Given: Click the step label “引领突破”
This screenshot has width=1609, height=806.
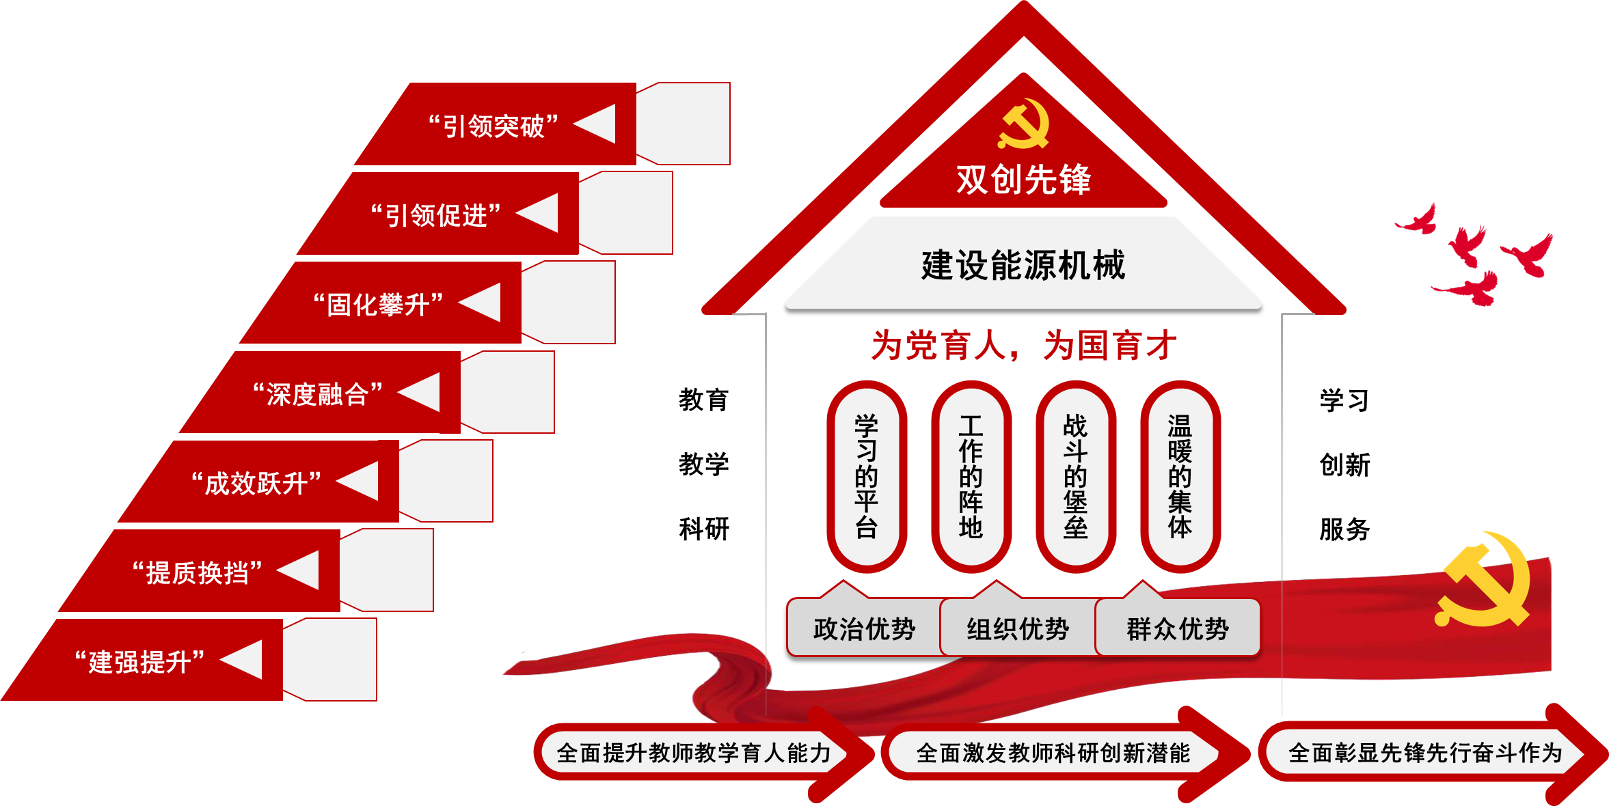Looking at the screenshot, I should [493, 126].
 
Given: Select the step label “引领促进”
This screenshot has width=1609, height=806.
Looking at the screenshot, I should [436, 216].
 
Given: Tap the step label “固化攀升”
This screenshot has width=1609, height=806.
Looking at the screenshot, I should [378, 305].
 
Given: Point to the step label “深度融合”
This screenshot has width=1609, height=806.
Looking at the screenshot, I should [318, 394].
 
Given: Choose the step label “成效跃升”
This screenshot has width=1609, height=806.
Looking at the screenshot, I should [256, 484].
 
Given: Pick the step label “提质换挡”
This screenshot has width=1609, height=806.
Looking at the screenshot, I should [198, 572].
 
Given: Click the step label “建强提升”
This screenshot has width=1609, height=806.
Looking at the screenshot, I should [139, 662].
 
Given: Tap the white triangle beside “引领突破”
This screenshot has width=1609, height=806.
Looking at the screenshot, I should [599, 124].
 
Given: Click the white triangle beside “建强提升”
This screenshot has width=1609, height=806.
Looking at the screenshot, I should [245, 660].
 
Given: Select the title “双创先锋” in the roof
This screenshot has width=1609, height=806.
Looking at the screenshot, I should [1023, 180].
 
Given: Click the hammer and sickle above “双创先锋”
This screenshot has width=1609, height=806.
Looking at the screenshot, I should [1023, 124].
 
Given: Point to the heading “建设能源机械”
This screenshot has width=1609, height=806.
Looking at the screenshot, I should [1023, 265].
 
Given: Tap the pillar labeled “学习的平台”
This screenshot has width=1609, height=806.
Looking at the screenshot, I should [867, 476].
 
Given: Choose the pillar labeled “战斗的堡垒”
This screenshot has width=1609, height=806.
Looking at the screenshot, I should [1076, 476].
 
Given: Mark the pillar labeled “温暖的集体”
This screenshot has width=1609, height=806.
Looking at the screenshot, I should [1180, 476].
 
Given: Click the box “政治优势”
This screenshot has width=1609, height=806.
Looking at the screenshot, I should [864, 628].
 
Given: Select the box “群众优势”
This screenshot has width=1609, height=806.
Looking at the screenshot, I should [1178, 628].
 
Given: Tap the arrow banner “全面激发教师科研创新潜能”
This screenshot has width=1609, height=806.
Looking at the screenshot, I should [1053, 753].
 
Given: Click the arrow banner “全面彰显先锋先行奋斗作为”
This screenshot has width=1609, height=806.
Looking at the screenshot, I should [1425, 753].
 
